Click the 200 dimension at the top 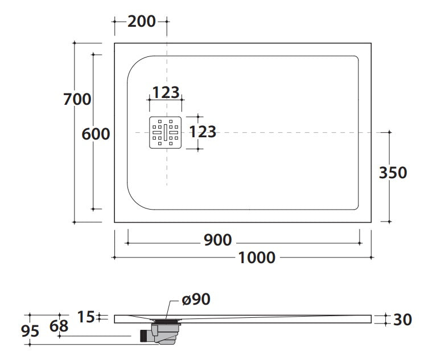tap(141, 22)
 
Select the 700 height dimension tap(77, 99)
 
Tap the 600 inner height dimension tap(96, 134)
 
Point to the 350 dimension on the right tap(393, 173)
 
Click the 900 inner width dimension tap(218, 240)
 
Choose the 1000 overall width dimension tap(257, 257)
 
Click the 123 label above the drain tap(166, 93)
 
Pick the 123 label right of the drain tap(203, 132)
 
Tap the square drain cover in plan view tap(165, 132)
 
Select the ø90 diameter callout tap(196, 300)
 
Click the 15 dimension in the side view tap(86, 317)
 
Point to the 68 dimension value tap(59, 326)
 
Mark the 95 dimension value tap(30, 332)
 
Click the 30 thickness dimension tap(402, 320)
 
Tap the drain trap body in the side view tap(164, 333)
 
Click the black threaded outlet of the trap tap(143, 336)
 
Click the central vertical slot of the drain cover tap(165, 132)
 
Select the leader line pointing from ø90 tap(172, 310)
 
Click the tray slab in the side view tap(242, 319)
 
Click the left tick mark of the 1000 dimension tap(114, 257)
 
